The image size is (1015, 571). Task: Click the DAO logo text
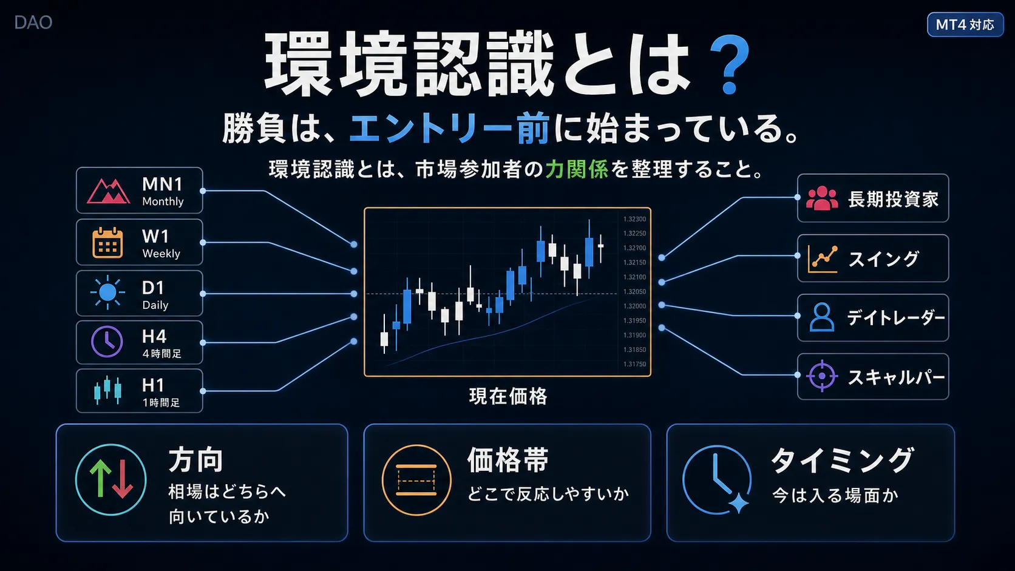click(33, 22)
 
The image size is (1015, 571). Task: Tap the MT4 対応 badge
click(965, 24)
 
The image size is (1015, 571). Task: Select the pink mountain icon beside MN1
click(108, 191)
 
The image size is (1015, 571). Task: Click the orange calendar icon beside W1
click(107, 243)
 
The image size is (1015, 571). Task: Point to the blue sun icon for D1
click(107, 292)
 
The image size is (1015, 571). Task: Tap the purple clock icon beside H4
click(107, 342)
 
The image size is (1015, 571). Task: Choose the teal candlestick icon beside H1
click(107, 390)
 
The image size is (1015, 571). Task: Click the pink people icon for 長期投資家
click(822, 198)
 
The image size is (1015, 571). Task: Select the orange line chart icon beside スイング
click(822, 258)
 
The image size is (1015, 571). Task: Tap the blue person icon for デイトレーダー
click(821, 317)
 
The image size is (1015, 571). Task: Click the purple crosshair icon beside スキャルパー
click(821, 376)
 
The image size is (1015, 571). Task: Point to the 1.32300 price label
click(634, 219)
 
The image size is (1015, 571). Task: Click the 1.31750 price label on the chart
click(634, 364)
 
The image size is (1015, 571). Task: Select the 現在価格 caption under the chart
click(508, 396)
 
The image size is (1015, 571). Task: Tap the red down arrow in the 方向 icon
click(123, 479)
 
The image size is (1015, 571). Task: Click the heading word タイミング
click(842, 461)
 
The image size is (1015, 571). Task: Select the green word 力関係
click(576, 169)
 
